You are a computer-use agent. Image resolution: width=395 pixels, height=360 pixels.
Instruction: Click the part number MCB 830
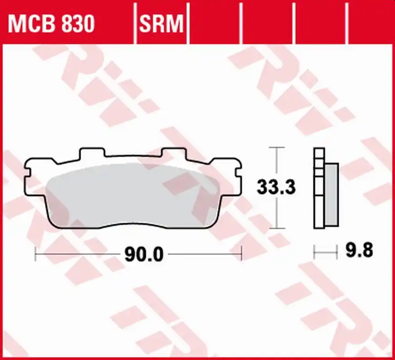pyautogui.click(x=51, y=24)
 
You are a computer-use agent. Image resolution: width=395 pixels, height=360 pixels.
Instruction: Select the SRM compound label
pyautogui.click(x=161, y=24)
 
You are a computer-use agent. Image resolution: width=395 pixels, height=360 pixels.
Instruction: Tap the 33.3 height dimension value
pyautogui.click(x=276, y=187)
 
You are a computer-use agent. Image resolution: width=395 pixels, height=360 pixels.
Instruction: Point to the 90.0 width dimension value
pyautogui.click(x=144, y=255)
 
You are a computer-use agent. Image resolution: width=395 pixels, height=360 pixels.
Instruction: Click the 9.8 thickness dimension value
pyautogui.click(x=359, y=250)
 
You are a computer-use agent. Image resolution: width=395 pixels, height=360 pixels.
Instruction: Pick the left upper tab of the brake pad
pyautogui.click(x=92, y=153)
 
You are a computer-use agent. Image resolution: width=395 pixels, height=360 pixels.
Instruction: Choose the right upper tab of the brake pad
pyautogui.click(x=174, y=153)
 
